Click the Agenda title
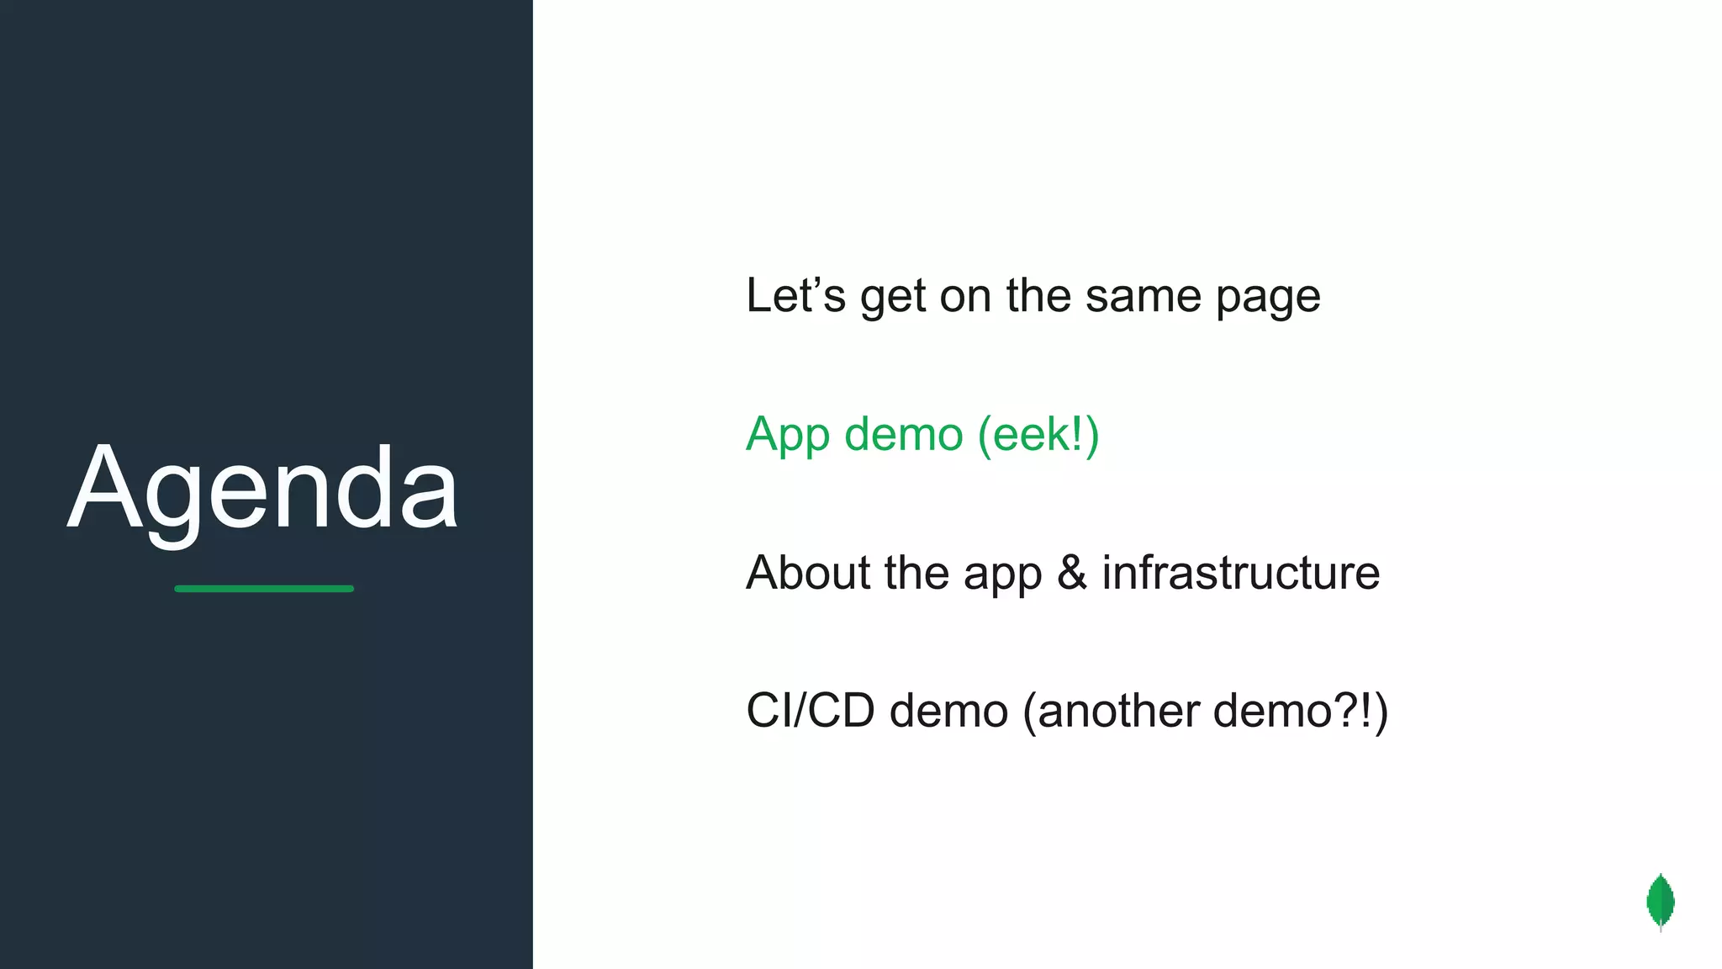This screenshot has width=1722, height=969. (x=263, y=490)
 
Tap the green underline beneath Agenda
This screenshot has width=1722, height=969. (x=264, y=589)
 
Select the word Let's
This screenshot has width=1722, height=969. (x=795, y=296)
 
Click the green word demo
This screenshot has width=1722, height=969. (x=903, y=434)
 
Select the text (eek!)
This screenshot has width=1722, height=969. (x=1038, y=434)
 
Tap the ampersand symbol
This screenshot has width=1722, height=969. (x=1072, y=573)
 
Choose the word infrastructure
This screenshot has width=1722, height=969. (x=1240, y=573)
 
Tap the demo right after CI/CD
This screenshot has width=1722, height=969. (x=948, y=711)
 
